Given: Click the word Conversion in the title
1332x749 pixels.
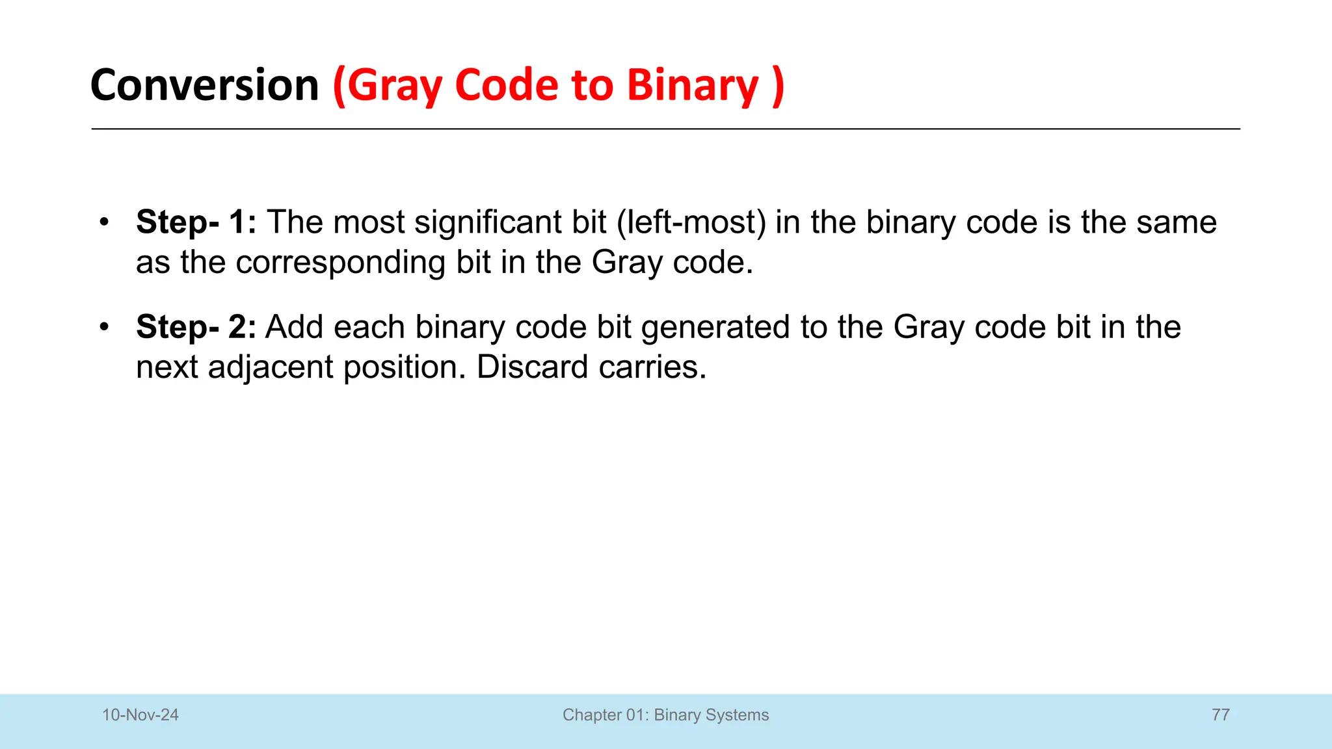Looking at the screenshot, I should [x=204, y=85].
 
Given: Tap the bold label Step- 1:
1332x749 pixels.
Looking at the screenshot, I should [x=196, y=222].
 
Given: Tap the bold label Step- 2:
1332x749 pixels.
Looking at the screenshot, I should [x=196, y=326].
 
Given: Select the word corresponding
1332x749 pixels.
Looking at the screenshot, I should [x=340, y=262].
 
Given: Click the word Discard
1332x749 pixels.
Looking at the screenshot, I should [x=532, y=367].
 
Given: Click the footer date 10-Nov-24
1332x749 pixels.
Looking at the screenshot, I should [x=140, y=715].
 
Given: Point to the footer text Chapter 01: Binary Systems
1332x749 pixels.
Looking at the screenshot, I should [x=665, y=715].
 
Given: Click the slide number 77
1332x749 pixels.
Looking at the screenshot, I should [x=1221, y=715].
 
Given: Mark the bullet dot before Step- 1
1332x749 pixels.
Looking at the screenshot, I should [x=104, y=222].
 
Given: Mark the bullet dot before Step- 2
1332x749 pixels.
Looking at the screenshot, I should [x=104, y=327].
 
